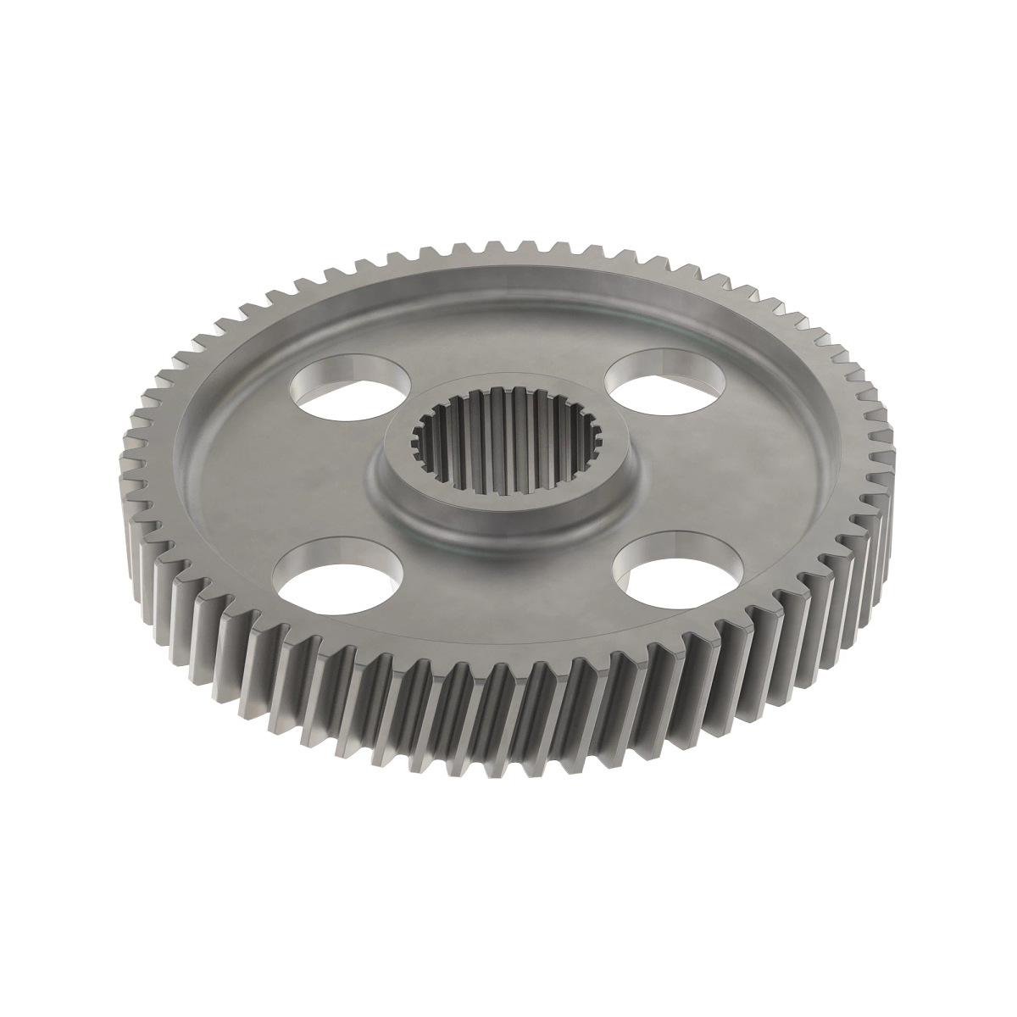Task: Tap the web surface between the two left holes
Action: point(280,475)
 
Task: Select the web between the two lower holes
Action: point(508,593)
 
